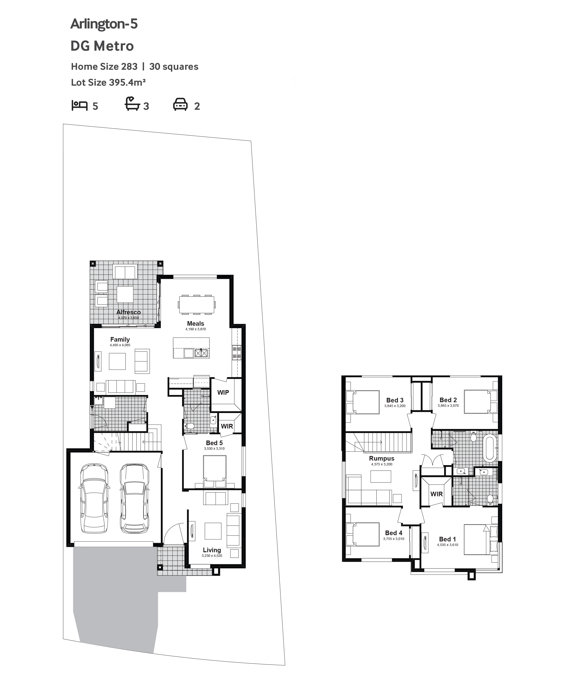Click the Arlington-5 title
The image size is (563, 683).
point(104,24)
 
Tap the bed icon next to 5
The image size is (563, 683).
point(80,106)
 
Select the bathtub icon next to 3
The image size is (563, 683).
point(132,104)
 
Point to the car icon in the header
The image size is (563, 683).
point(180,104)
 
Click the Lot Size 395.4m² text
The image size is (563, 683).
point(108,83)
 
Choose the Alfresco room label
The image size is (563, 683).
point(129,312)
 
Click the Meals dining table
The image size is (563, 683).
point(197,305)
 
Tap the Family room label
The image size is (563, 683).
point(120,339)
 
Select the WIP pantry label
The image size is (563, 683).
point(223,392)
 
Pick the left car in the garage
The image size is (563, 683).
point(94,498)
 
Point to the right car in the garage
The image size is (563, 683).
point(135,498)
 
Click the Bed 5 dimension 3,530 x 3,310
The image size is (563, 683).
point(214,449)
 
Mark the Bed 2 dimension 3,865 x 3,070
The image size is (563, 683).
point(448,406)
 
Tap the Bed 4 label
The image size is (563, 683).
point(394,533)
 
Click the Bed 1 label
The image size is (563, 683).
point(448,539)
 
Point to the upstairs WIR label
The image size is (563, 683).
point(436,494)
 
